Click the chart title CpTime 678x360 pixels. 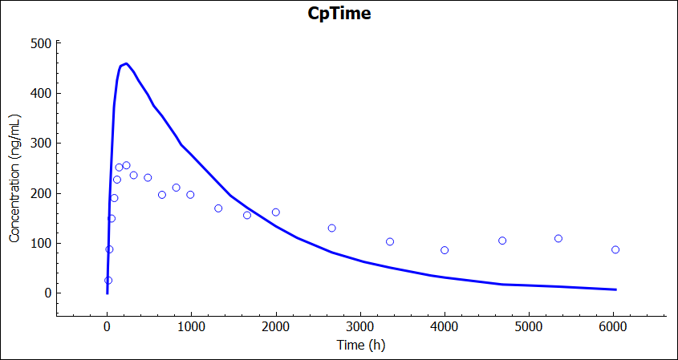pos(339,14)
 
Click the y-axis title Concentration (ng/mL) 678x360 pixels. pos(14,178)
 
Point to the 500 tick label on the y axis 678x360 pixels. pos(41,43)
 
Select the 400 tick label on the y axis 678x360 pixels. pos(41,93)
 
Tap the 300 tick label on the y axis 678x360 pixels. pos(41,144)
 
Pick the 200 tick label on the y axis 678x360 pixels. pos(41,193)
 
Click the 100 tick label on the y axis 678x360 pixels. pos(41,243)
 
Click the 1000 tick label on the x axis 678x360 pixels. pos(191,326)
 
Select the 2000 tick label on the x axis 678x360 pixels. pos(276,326)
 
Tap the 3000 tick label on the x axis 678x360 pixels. pos(360,326)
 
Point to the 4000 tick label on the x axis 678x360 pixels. pos(445,326)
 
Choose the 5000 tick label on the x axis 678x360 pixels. pos(529,326)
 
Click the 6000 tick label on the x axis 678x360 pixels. pos(613,326)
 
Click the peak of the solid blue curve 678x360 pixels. pos(126,63)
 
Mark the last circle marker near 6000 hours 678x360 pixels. pos(615,249)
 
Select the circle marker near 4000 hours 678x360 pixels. pos(445,250)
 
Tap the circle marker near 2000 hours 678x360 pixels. pos(276,212)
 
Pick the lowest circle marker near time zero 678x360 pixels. pos(108,281)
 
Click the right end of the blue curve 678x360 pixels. pos(615,289)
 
